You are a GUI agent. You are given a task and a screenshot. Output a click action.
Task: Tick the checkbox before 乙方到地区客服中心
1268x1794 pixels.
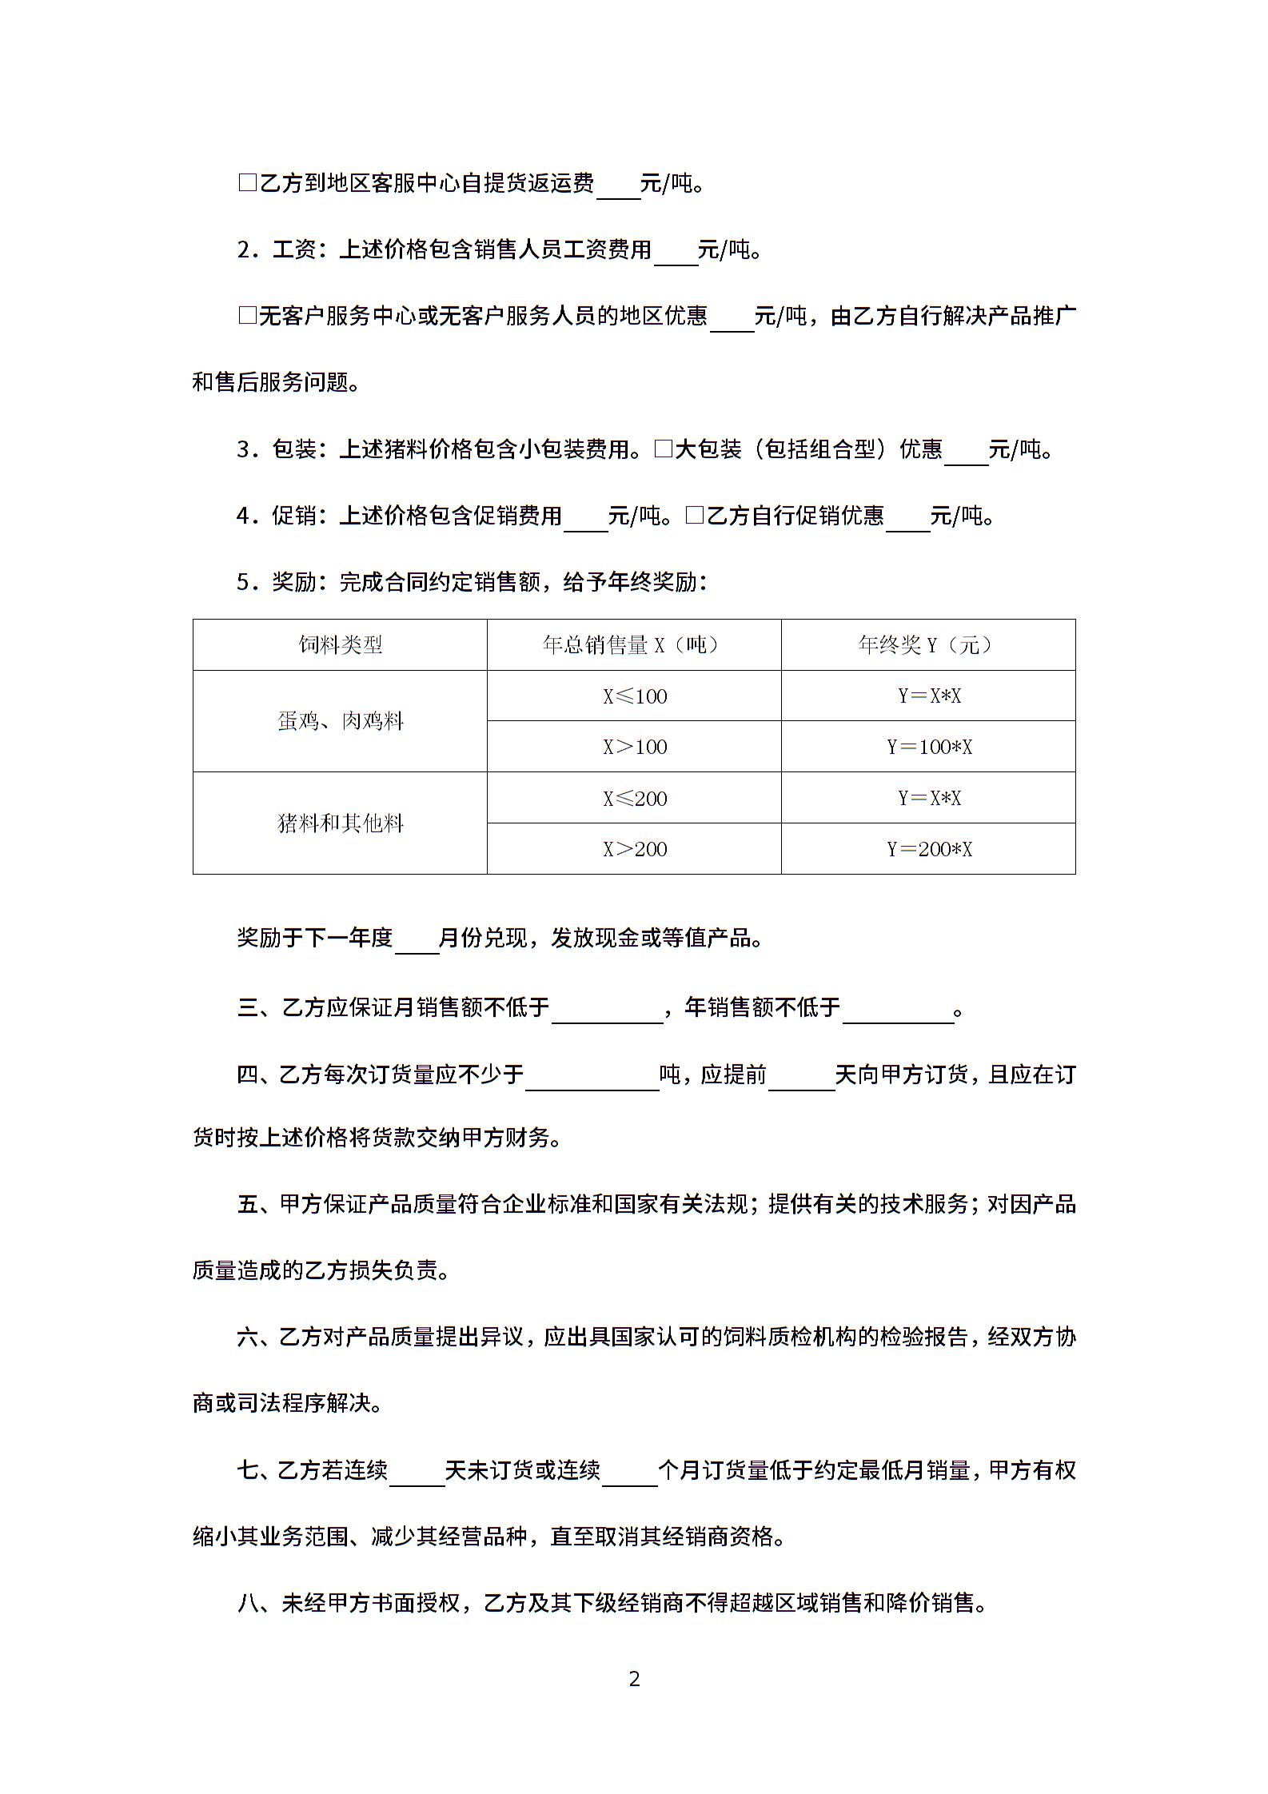coord(247,183)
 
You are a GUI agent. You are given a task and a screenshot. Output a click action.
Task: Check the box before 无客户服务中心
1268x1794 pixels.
coord(247,316)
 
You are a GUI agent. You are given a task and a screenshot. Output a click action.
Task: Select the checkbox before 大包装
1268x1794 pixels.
coord(663,448)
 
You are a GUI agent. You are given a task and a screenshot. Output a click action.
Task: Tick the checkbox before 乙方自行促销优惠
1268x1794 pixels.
coord(694,516)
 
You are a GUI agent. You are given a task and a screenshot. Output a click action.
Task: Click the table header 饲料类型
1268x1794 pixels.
coord(340,644)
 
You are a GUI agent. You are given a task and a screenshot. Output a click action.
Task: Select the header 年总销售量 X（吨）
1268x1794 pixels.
coord(633,644)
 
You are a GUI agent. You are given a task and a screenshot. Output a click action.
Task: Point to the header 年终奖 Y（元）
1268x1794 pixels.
coord(927,644)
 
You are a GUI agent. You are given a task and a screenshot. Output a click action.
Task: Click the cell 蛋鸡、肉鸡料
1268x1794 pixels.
coord(340,721)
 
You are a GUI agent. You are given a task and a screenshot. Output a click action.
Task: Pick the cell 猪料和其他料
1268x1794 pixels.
coord(340,823)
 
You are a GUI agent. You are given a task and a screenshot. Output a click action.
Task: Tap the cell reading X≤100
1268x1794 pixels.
coord(634,696)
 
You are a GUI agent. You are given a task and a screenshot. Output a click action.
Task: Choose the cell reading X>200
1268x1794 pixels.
coord(634,849)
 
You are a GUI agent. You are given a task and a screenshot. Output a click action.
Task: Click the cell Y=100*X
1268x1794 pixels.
coord(928,747)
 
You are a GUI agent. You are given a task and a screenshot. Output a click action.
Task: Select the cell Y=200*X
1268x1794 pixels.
coord(928,849)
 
